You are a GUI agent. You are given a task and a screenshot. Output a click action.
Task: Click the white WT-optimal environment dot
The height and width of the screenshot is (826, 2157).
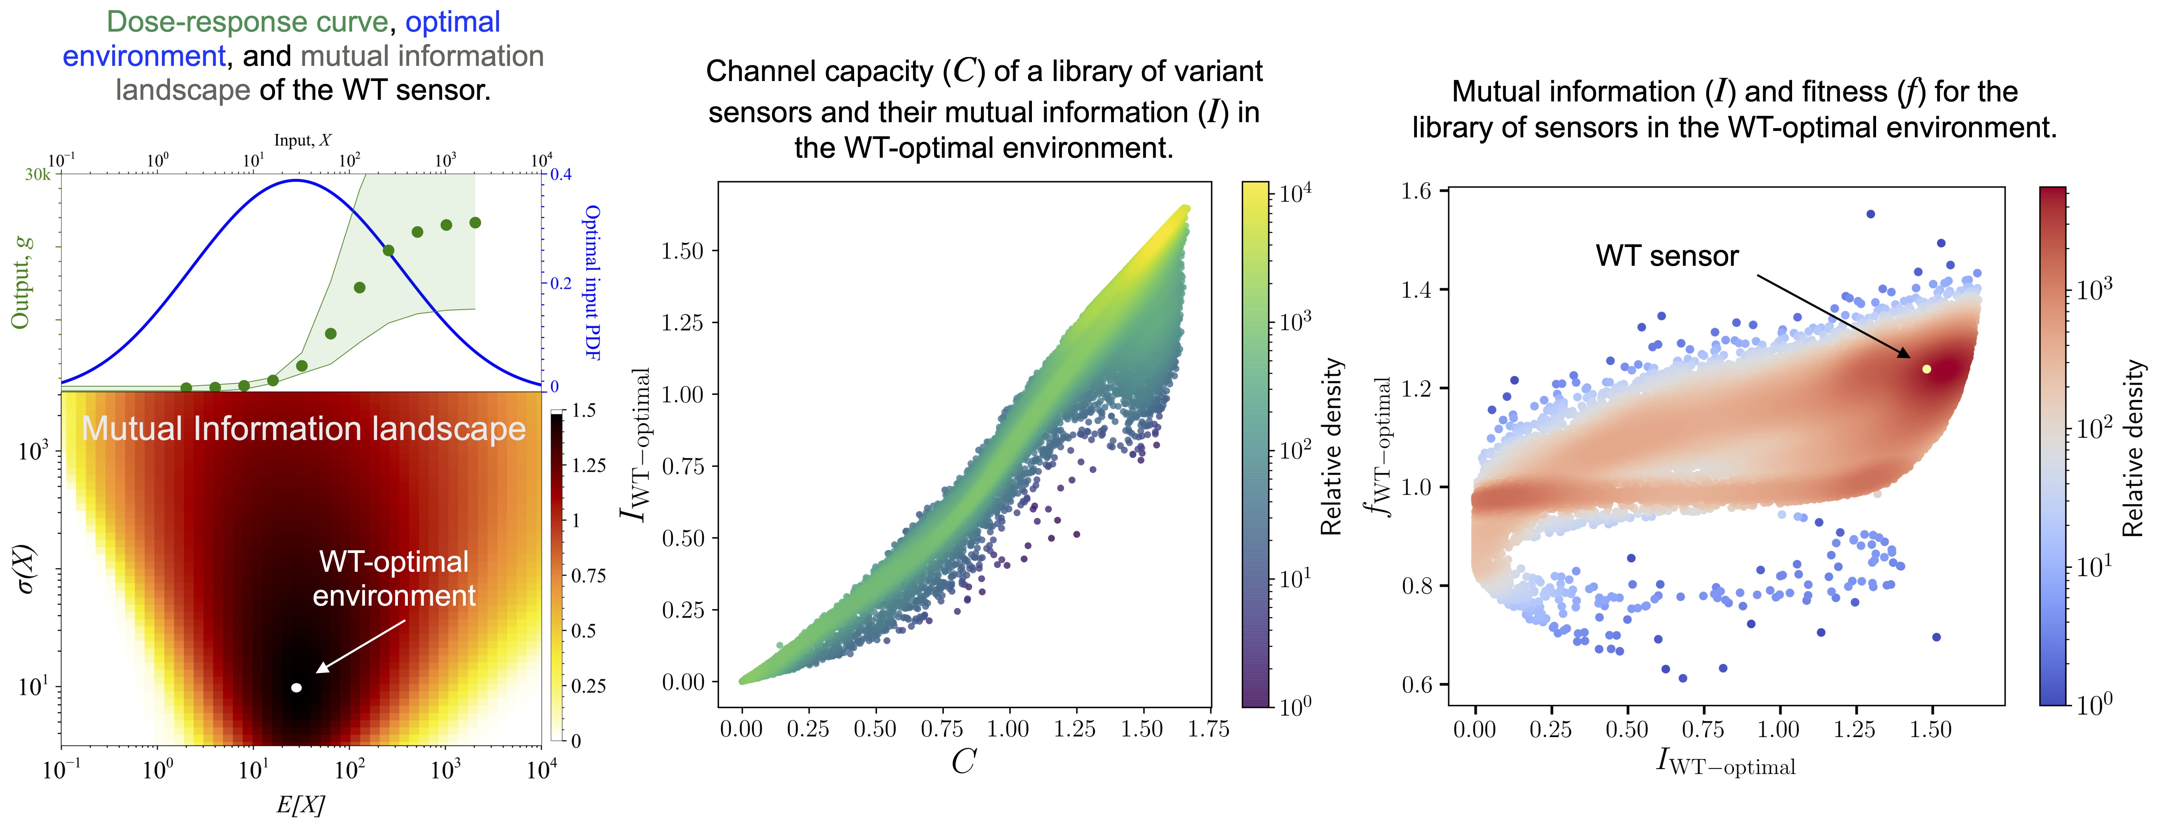point(295,688)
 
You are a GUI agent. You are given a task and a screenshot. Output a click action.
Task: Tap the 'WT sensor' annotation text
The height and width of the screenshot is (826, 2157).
point(1666,256)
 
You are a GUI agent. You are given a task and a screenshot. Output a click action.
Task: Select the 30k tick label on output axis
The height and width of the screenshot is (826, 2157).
point(38,175)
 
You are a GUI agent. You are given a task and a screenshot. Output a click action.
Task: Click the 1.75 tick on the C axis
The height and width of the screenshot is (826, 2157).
point(1208,729)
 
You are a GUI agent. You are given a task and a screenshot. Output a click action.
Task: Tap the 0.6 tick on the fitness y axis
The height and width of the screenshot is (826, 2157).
point(1416,685)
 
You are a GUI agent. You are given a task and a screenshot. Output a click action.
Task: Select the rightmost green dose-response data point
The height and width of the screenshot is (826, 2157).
point(475,223)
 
